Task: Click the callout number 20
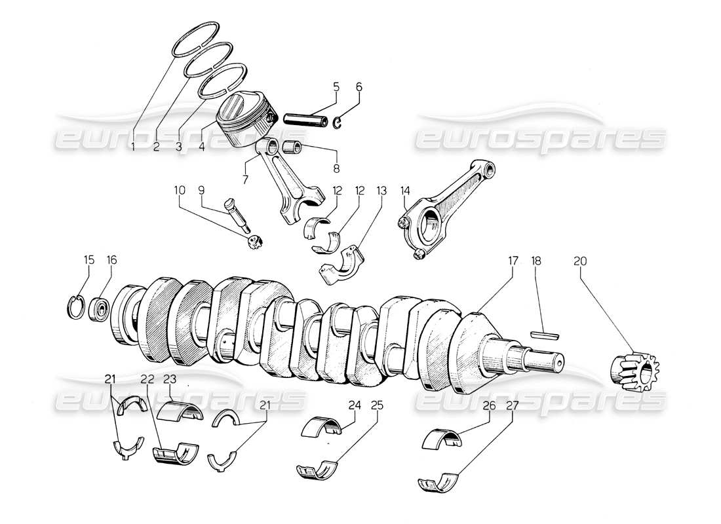pyautogui.click(x=581, y=260)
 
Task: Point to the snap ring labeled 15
pyautogui.click(x=77, y=306)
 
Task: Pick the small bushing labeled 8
pyautogui.click(x=294, y=145)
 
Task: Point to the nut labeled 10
pyautogui.click(x=254, y=242)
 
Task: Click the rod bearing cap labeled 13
pyautogui.click(x=341, y=263)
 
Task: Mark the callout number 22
pyautogui.click(x=146, y=379)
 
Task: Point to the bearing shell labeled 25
pyautogui.click(x=318, y=469)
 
